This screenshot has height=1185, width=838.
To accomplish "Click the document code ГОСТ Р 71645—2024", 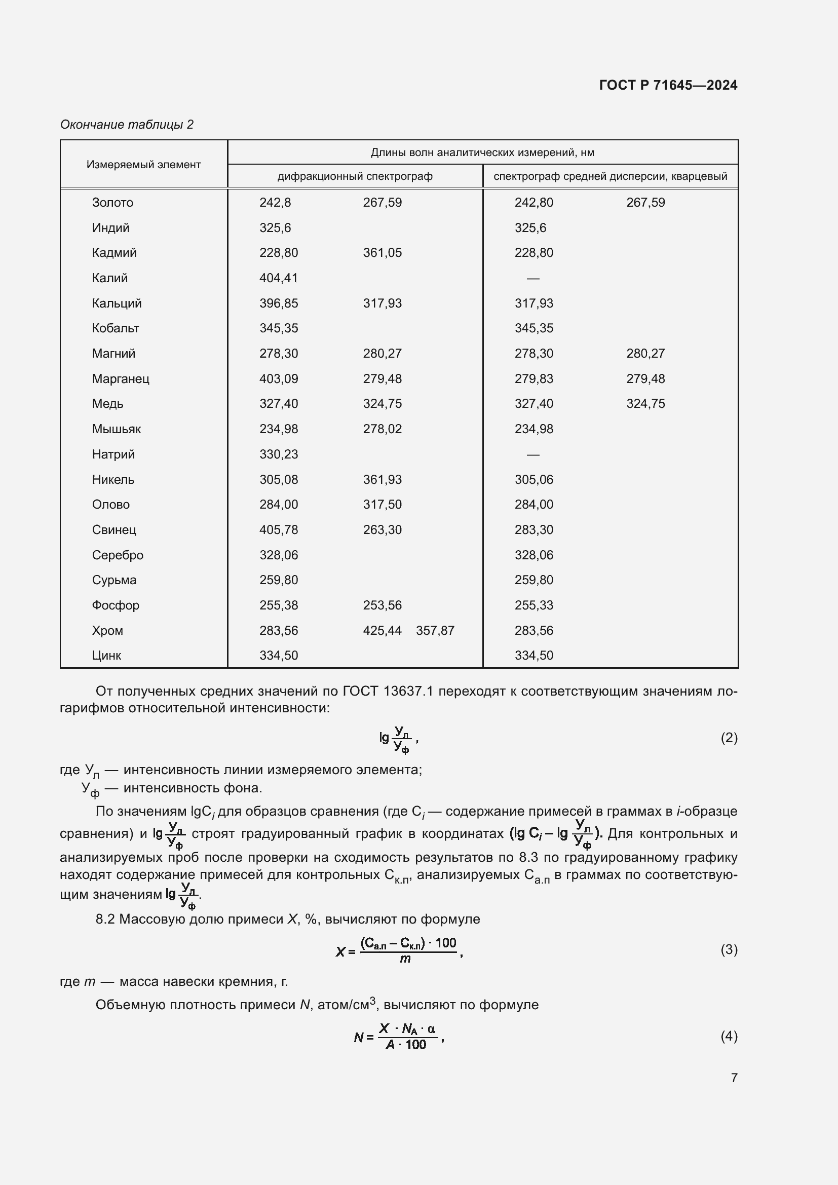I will pyautogui.click(x=668, y=85).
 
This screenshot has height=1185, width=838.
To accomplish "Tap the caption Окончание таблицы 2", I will pyautogui.click(x=127, y=125).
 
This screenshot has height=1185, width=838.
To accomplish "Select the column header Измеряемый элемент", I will pyautogui.click(x=143, y=165).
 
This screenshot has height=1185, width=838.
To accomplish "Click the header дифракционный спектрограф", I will pyautogui.click(x=355, y=176).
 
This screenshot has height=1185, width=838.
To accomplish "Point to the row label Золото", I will pyautogui.click(x=112, y=203).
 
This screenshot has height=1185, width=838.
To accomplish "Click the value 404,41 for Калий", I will pyautogui.click(x=279, y=278).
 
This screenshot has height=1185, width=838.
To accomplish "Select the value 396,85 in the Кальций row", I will pyautogui.click(x=279, y=303).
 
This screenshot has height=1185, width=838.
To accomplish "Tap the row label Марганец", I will pyautogui.click(x=121, y=379).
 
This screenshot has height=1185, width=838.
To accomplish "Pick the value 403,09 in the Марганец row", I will pyautogui.click(x=279, y=379).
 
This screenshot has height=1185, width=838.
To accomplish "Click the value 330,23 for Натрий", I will pyautogui.click(x=279, y=454).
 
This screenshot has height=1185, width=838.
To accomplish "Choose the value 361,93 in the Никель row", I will pyautogui.click(x=382, y=479).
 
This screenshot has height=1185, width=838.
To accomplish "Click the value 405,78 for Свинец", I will pyautogui.click(x=279, y=530).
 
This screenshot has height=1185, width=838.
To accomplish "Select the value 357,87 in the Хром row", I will pyautogui.click(x=435, y=631).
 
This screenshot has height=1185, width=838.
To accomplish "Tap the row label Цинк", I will pyautogui.click(x=106, y=656).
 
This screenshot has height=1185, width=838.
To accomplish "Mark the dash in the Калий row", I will pyautogui.click(x=532, y=279).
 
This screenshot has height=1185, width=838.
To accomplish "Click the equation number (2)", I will pyautogui.click(x=729, y=738).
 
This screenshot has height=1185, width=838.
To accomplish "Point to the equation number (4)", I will pyautogui.click(x=729, y=1037).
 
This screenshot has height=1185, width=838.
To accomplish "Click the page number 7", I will pyautogui.click(x=734, y=1078).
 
